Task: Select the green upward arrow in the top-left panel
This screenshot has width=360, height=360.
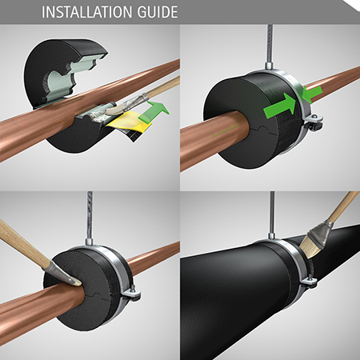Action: click(158, 110)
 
